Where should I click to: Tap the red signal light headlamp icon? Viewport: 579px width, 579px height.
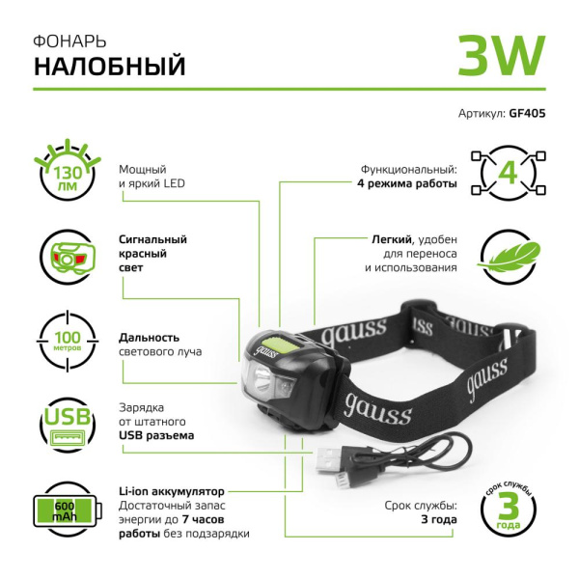[x=65, y=257]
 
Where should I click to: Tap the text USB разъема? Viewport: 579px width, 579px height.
[x=155, y=435]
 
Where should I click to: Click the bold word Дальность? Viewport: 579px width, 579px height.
[x=150, y=338]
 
